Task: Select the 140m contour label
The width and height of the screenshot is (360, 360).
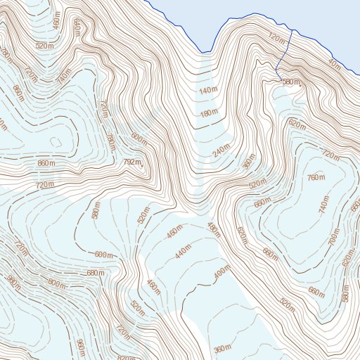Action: click(x=208, y=91)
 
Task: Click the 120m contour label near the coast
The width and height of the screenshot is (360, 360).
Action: click(x=278, y=37)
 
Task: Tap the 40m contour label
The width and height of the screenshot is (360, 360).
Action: click(x=335, y=67)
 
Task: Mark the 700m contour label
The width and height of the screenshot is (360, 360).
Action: click(x=333, y=238)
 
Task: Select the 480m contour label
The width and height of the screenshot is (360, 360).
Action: click(x=214, y=229)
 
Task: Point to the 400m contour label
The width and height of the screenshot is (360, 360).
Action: click(x=221, y=271)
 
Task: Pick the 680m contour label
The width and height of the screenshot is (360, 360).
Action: click(x=96, y=272)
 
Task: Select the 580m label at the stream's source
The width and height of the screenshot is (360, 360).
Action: click(x=291, y=83)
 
